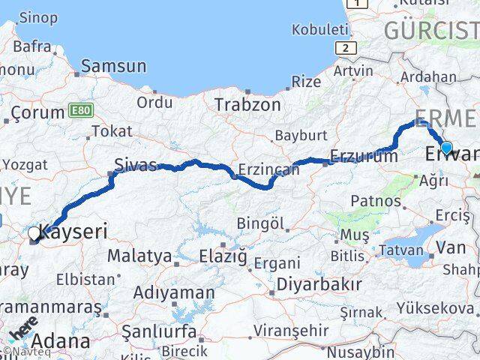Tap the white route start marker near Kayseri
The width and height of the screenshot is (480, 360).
click(34, 235)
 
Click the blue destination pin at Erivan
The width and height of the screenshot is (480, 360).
click(446, 148)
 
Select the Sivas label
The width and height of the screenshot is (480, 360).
click(135, 165)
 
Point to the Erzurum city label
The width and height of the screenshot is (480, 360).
click(364, 157)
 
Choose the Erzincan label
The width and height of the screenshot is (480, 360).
click(268, 170)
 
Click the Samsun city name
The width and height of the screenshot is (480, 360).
click(113, 66)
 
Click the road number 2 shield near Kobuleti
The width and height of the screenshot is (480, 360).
click(344, 48)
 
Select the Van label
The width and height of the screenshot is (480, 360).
click(451, 247)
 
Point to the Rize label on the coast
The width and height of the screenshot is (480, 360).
click(306, 82)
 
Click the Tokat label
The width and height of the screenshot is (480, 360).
click(111, 131)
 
